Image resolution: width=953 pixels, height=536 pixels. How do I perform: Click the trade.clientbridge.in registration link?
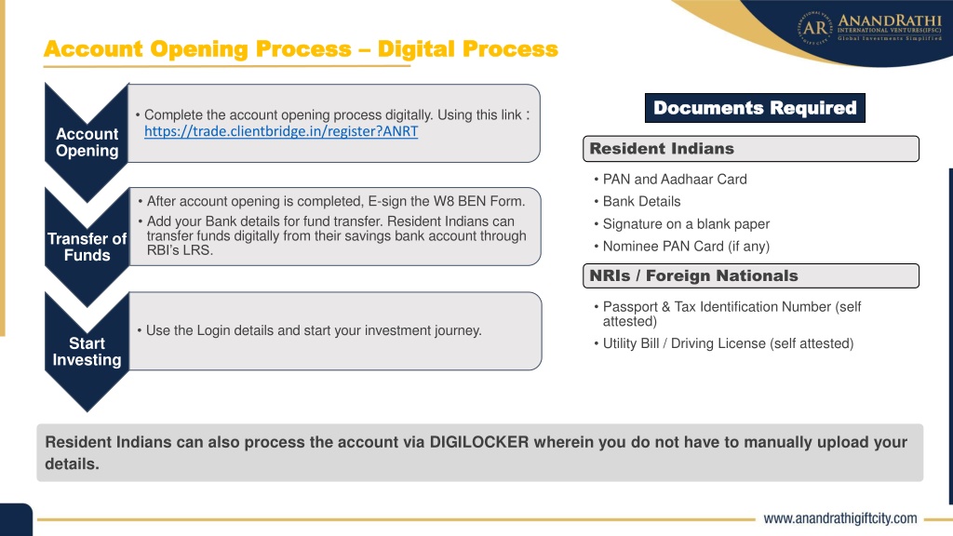pos(281,131)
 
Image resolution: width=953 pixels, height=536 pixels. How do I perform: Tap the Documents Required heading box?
pos(755,108)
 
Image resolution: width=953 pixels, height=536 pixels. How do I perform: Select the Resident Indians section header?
pos(751,149)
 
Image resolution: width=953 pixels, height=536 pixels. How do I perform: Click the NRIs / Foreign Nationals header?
pos(751,275)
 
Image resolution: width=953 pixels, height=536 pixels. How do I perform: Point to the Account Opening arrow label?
pos(87,142)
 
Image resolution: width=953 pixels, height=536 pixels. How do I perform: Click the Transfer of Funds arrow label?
pos(87,247)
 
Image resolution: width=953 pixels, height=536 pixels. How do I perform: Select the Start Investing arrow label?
pos(87,351)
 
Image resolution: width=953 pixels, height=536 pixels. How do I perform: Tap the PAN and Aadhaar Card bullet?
pos(675,180)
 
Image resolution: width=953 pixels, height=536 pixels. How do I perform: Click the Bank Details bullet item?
pos(642,201)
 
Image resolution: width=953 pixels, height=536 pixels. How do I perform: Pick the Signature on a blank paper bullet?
pos(686,223)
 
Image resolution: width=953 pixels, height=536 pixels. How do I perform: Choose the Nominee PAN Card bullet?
pos(686,246)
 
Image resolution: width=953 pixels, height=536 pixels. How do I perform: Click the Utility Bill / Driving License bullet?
pos(728,343)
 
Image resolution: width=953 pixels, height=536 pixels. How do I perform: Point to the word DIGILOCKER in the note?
pos(479,442)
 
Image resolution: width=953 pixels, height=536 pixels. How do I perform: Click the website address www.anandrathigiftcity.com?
pos(840,518)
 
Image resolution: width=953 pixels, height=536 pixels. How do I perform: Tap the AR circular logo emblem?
pos(815,27)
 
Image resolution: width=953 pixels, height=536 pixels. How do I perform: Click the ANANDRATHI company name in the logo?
pos(890,20)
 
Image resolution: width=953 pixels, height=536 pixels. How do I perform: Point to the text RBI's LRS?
pos(180,250)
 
